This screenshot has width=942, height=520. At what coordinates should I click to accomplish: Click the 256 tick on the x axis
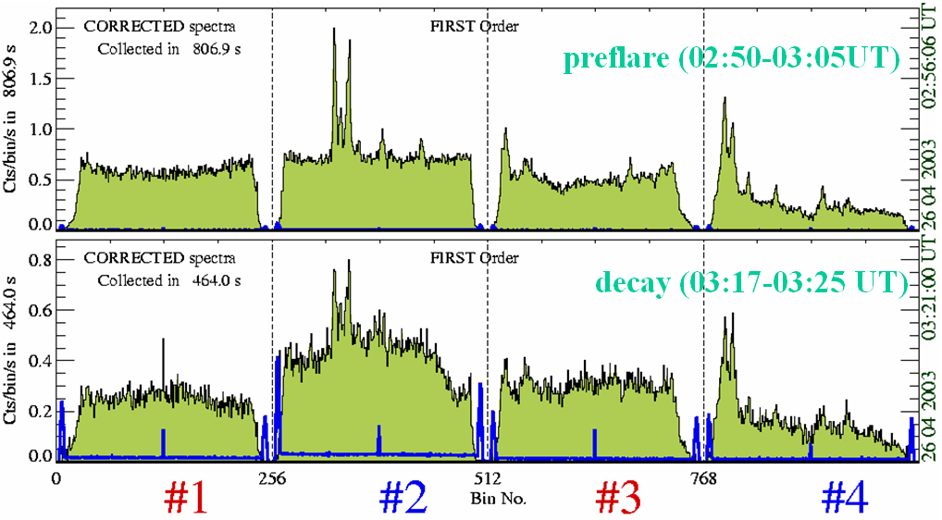pos(271,479)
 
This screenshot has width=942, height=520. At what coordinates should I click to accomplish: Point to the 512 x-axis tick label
pos(488,479)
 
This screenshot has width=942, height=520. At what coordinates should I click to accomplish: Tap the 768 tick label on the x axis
pos(704,479)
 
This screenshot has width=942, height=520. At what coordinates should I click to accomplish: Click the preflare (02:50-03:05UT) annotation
pos(731,60)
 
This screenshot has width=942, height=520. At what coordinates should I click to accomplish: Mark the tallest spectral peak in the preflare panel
pos(333,30)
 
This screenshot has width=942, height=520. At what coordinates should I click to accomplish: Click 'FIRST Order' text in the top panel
pos(475,26)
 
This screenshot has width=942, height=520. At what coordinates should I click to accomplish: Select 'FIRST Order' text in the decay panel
pos(475,257)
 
